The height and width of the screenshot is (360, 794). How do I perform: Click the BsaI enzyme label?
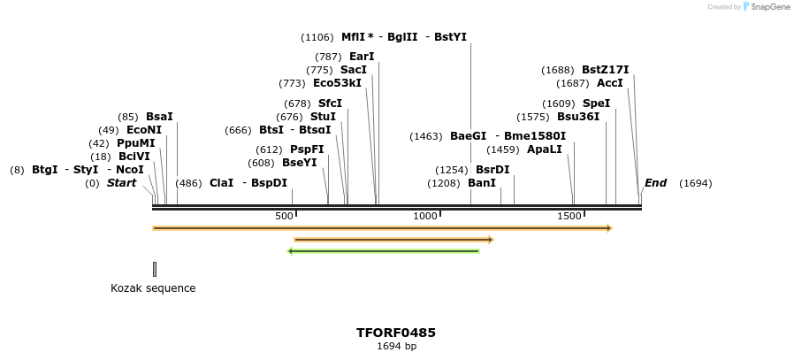[159, 117]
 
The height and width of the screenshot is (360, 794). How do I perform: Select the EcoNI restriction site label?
[144, 130]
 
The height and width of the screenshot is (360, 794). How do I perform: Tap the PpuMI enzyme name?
[135, 143]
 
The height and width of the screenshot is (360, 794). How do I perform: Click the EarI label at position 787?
[362, 57]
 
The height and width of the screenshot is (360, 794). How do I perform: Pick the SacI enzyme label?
[354, 70]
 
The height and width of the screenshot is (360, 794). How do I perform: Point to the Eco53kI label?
[337, 83]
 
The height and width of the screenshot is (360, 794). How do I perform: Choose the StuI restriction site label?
[323, 117]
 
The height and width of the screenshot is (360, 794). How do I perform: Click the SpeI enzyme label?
[596, 103]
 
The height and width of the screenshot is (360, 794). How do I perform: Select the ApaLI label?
[544, 149]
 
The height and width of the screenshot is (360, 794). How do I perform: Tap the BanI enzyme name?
[482, 183]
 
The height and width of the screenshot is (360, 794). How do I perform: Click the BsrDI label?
[492, 170]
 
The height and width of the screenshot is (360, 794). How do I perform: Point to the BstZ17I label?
[605, 70]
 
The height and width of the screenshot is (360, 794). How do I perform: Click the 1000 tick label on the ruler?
[425, 216]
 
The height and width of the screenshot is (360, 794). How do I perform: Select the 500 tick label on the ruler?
[284, 216]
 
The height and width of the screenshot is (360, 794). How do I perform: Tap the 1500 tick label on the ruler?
[569, 216]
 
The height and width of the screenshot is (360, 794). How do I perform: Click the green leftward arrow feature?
[384, 251]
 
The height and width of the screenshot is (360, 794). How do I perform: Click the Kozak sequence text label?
[153, 288]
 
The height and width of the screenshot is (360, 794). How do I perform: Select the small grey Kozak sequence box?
[155, 269]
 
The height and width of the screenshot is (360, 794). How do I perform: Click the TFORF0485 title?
[396, 333]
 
